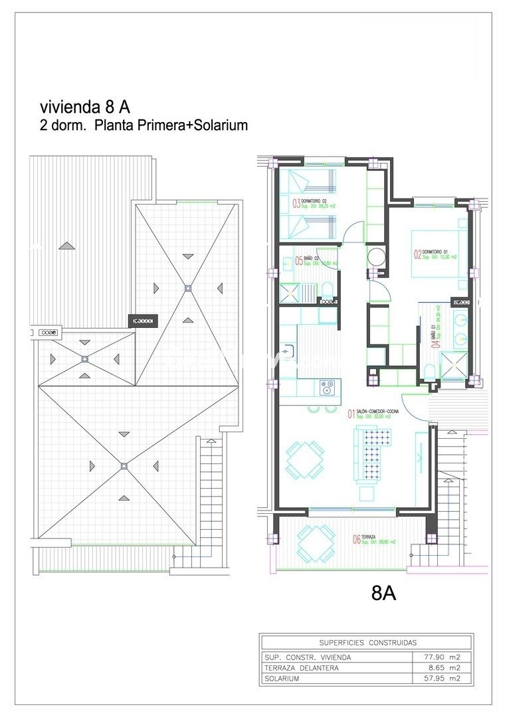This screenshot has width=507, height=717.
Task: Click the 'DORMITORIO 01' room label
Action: pos(433,252)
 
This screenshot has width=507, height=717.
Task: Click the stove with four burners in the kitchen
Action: pos(328,386)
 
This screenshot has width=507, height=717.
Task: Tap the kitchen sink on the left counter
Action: pos(288,350)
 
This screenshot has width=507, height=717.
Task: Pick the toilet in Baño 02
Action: pos(326,289)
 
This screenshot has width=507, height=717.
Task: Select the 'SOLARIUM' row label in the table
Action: pos(282,678)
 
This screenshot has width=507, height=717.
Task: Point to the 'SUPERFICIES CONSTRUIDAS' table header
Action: pos(367,643)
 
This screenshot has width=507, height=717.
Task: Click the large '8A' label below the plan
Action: pos(384,593)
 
